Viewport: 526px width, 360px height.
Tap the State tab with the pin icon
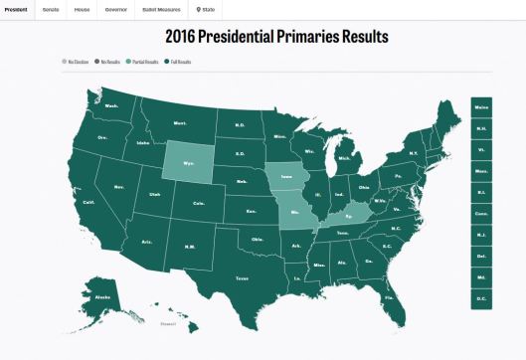206,9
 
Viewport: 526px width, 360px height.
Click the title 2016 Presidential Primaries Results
263,38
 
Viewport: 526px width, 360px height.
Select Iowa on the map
286,175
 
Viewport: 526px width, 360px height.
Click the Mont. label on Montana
180,122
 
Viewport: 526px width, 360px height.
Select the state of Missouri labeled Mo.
294,213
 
